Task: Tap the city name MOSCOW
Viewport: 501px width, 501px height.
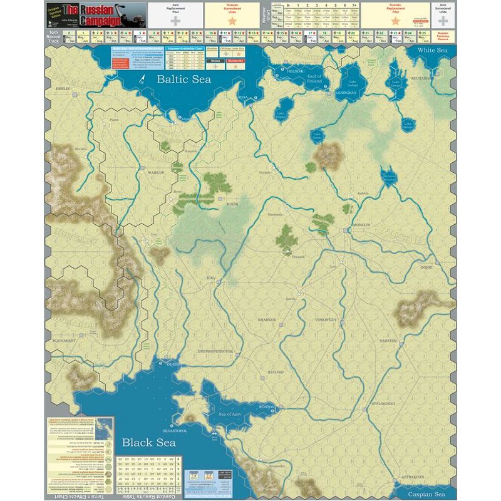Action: pos(361,224)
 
